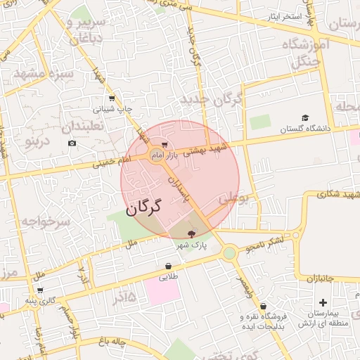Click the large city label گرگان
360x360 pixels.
pos(144,207)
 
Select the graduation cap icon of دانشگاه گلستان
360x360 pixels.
pos(304,118)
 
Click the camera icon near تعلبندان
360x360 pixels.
pos(72,143)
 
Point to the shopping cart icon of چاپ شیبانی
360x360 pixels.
pos(111,98)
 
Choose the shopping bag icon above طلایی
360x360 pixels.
pos(168,266)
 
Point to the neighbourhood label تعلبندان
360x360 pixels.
pos(82,127)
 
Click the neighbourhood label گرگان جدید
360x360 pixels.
pos(210,99)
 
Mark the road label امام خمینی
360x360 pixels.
pos(116,162)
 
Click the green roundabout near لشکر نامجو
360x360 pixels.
pos(229,252)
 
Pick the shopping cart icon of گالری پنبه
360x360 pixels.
pos(40,290)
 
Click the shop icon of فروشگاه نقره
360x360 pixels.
pos(263,307)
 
